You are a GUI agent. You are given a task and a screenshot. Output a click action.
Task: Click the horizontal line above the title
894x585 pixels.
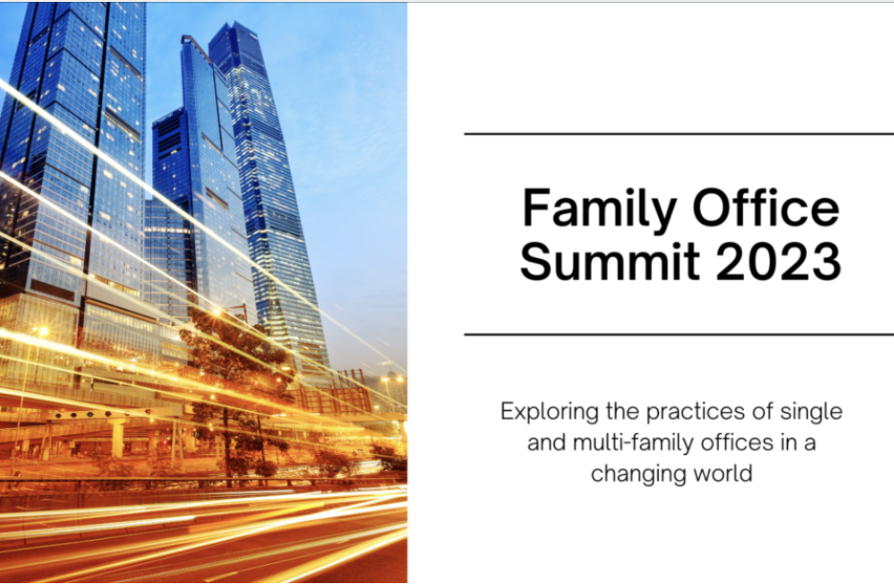point(679,135)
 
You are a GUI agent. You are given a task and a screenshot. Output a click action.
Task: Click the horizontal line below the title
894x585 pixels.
point(679,335)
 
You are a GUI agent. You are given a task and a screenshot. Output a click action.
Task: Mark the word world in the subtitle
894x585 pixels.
point(725,473)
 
